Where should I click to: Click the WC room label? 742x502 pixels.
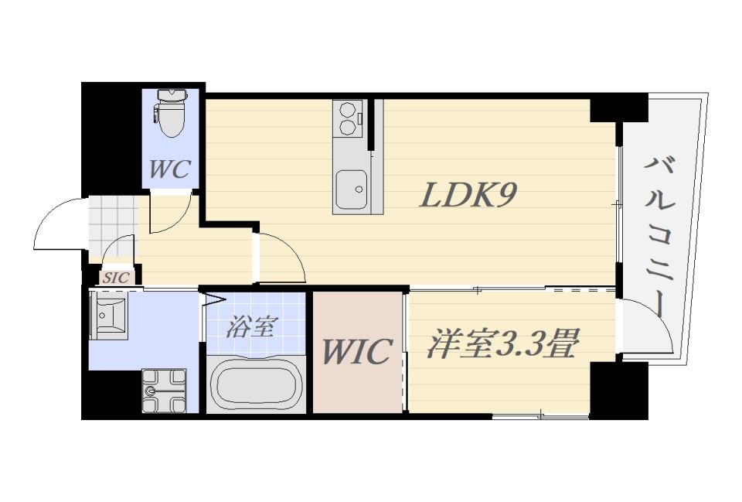point(170,169)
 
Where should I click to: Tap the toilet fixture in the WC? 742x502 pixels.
point(172,113)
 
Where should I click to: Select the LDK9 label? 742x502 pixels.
point(468,195)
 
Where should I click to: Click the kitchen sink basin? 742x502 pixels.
point(351,190)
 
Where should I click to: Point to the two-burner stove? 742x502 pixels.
point(348,118)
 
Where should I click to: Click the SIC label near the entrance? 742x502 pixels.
point(116,278)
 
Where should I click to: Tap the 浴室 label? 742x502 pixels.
point(250,326)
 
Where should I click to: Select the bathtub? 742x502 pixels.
point(257,384)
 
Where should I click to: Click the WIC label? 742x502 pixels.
point(357,351)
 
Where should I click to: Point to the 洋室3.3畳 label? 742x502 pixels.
point(503,344)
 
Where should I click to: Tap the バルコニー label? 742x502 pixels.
point(659,237)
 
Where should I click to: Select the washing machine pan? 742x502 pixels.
point(164,391)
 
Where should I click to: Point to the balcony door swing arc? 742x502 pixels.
point(659,321)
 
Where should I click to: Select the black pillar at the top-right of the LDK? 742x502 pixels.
point(618,108)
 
